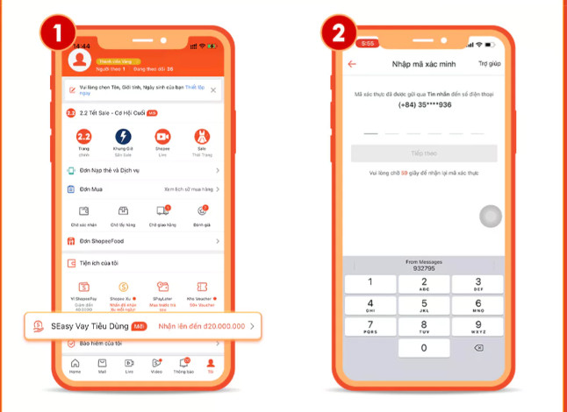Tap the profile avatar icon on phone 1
click(x=81, y=60)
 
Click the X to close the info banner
click(x=212, y=90)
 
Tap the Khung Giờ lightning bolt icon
click(x=123, y=138)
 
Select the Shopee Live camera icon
click(x=162, y=138)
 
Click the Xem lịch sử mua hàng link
click(x=188, y=188)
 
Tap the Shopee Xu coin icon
click(x=123, y=287)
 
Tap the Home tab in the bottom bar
click(x=75, y=365)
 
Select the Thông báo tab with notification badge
click(x=183, y=365)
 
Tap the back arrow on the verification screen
click(x=352, y=64)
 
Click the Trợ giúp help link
click(x=489, y=64)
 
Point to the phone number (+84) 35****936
click(x=424, y=104)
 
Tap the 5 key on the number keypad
click(x=424, y=304)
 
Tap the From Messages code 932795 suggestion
click(x=424, y=266)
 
